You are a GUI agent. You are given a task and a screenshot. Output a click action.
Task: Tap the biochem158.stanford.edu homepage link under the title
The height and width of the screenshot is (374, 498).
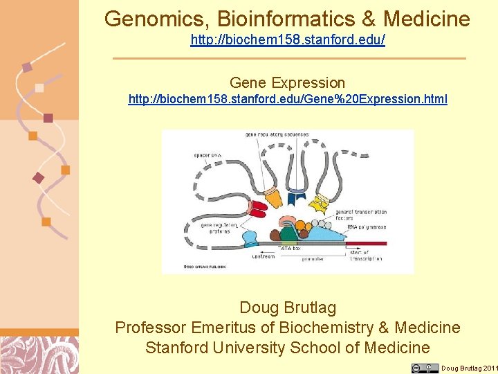pos(288,40)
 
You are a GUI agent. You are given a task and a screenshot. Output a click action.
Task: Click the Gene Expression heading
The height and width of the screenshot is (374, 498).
pos(287,83)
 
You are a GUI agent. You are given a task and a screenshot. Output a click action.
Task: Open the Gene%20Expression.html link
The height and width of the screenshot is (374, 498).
pos(288,99)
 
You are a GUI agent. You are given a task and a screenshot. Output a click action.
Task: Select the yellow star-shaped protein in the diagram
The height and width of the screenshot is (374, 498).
pos(320,204)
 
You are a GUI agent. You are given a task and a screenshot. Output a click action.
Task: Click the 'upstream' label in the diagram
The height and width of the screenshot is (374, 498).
pos(263,256)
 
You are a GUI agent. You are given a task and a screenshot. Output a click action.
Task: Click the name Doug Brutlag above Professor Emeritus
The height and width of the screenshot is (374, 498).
pos(287,308)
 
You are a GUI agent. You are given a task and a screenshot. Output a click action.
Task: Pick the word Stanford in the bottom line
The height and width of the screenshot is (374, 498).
pos(179,348)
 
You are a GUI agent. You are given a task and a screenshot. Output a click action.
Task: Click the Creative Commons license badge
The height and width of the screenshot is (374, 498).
pos(424,368)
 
